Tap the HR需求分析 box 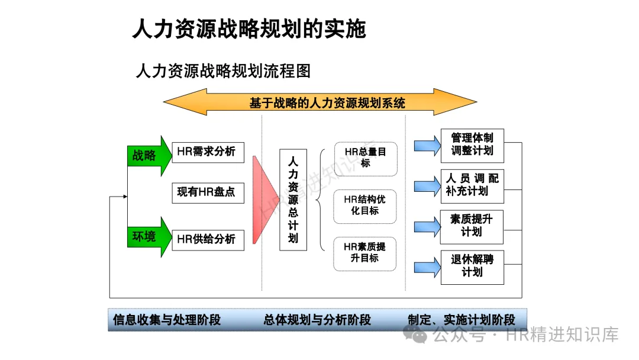[x=208, y=152]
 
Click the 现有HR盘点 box [x=208, y=192]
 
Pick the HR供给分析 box [x=208, y=239]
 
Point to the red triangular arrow [x=264, y=200]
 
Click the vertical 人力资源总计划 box [x=293, y=200]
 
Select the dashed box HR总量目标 [x=365, y=158]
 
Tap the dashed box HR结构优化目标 [x=365, y=205]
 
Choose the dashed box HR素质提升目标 [x=365, y=253]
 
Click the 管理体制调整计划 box [x=472, y=144]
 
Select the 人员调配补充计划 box [x=472, y=185]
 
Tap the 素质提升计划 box [x=472, y=226]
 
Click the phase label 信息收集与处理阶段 [x=167, y=320]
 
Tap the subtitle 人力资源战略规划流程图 [x=223, y=72]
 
